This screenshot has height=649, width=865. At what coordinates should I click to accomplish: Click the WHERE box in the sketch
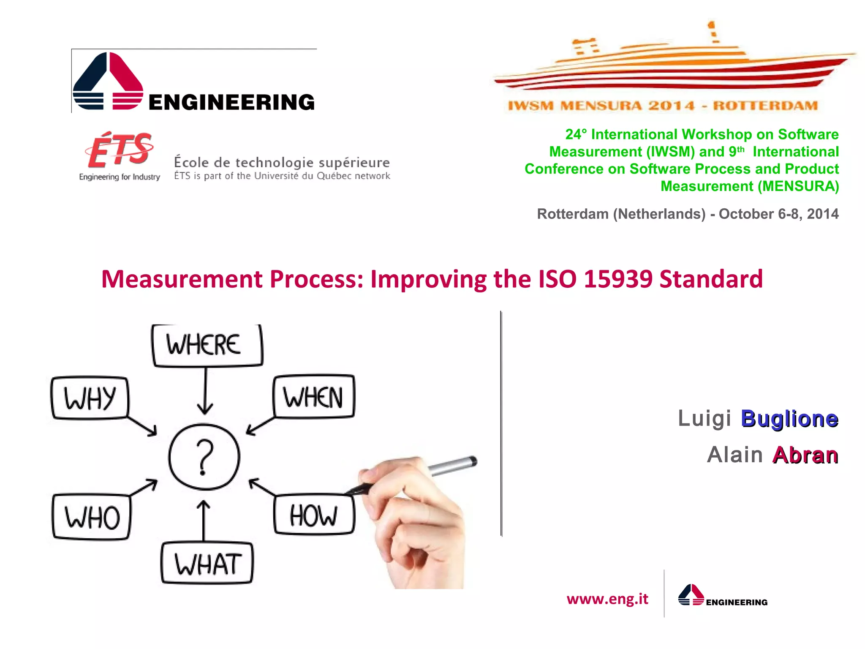[207, 345]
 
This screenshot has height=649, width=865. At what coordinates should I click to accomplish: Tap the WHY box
[90, 398]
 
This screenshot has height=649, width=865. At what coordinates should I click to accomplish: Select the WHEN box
[313, 397]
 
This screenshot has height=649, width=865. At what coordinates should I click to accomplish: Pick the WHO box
[92, 517]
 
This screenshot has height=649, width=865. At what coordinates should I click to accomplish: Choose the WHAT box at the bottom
[207, 564]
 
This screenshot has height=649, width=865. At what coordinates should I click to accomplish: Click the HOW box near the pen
[314, 515]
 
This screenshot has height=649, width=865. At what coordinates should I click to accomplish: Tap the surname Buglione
[789, 419]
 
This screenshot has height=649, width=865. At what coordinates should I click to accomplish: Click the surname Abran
[805, 455]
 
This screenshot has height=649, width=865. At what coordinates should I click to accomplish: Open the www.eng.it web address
[607, 599]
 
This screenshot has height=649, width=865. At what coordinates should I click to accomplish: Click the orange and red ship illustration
[672, 63]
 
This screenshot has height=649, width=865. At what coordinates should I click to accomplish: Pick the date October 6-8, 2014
[778, 214]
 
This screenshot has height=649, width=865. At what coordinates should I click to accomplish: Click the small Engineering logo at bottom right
[722, 596]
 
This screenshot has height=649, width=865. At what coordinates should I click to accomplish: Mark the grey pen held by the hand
[452, 466]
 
